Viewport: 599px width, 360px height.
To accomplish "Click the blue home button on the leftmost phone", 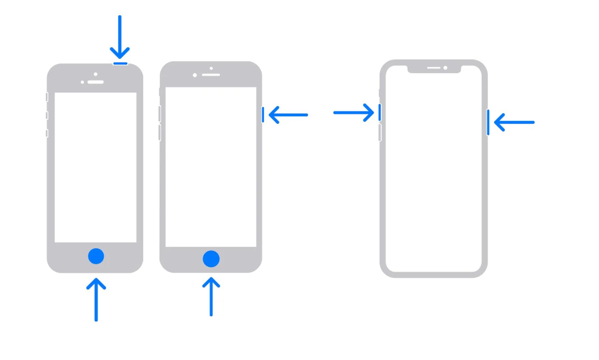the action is click(x=96, y=256).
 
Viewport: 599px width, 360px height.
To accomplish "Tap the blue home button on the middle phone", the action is click(x=211, y=259).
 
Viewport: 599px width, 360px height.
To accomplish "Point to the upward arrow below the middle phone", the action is click(x=211, y=297).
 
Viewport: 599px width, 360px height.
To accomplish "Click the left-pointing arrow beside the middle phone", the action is click(x=288, y=115).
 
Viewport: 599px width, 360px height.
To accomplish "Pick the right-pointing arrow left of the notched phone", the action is click(x=354, y=112).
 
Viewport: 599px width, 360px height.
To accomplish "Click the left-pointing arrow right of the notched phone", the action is click(x=514, y=122).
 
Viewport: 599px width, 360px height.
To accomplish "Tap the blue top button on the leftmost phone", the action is click(x=120, y=63).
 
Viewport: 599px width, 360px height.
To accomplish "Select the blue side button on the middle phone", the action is click(x=263, y=115).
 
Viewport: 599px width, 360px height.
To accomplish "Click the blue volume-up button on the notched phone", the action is click(x=380, y=112).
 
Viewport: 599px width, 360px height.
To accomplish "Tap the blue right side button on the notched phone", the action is click(x=488, y=122).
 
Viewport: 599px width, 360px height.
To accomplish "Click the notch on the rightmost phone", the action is click(x=434, y=69).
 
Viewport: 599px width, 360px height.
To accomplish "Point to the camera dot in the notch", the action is click(x=445, y=68).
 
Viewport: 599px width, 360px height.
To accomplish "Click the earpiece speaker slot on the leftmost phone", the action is click(x=96, y=82).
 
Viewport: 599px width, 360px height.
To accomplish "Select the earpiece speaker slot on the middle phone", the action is click(x=211, y=75).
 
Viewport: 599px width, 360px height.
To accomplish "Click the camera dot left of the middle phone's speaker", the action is click(x=195, y=75).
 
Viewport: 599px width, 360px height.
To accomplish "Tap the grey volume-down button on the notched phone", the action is click(x=380, y=133).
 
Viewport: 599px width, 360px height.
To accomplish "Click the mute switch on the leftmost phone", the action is click(x=47, y=97).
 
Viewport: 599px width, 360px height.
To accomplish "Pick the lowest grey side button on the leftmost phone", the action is click(x=47, y=133).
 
